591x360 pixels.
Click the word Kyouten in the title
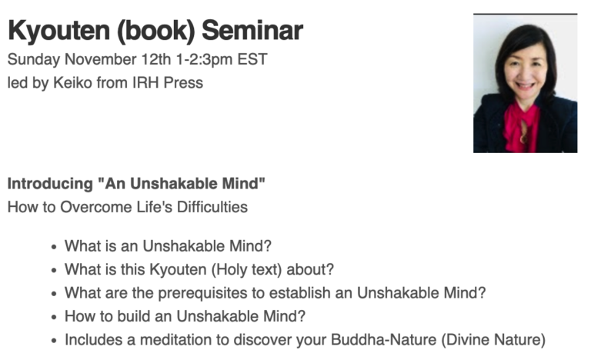58,31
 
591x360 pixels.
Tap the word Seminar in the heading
252,30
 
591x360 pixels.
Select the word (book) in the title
156,31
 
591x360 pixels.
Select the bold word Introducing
50,185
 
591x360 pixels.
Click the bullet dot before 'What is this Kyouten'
55,271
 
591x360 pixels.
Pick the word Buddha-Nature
384,339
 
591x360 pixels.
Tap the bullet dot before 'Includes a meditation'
55,341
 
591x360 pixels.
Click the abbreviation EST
252,59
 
